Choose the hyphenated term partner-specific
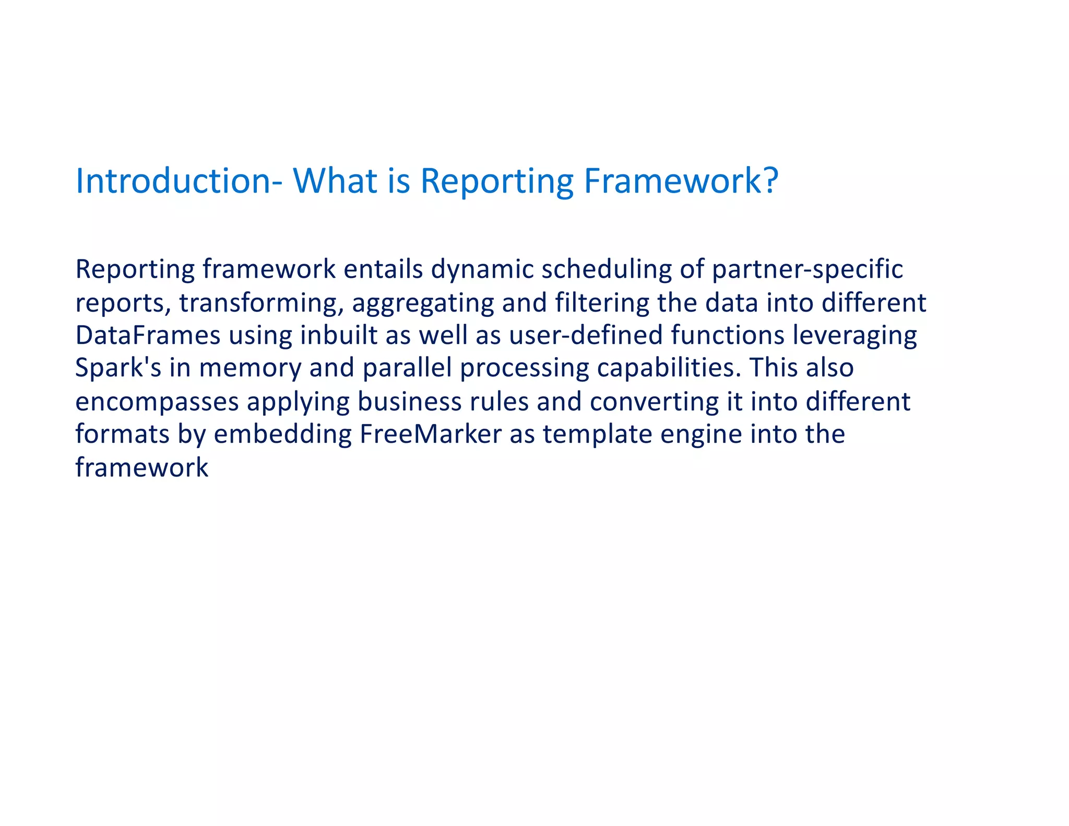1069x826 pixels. click(x=807, y=270)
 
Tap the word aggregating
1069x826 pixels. click(x=423, y=303)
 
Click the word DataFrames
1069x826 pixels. click(x=148, y=336)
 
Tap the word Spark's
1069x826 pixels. click(x=118, y=368)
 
